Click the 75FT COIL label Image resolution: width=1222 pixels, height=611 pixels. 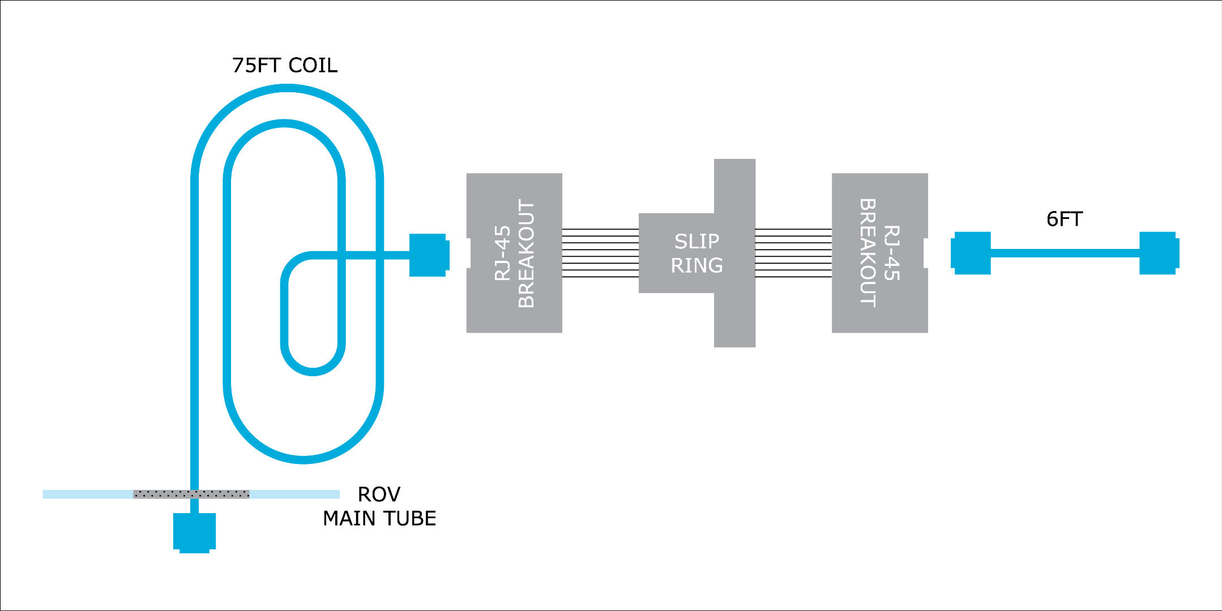click(x=284, y=66)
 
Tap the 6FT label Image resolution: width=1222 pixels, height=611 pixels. click(x=1064, y=220)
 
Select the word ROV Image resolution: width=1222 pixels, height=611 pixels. click(x=379, y=494)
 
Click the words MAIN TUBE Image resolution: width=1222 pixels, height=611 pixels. click(x=379, y=519)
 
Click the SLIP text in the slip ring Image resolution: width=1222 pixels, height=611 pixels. click(x=697, y=242)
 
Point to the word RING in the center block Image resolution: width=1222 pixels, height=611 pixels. click(x=697, y=265)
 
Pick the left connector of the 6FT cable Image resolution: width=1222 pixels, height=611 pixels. click(x=972, y=253)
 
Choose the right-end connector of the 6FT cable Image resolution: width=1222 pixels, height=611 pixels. click(x=1158, y=253)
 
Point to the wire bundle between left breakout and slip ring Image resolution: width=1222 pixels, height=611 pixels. click(x=600, y=253)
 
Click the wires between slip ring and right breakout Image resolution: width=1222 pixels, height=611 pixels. click(x=793, y=253)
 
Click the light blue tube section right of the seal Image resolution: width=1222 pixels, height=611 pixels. click(x=294, y=494)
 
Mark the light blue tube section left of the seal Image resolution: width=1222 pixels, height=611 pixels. click(x=88, y=494)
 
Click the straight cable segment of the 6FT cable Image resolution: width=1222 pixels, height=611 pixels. click(x=1065, y=253)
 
